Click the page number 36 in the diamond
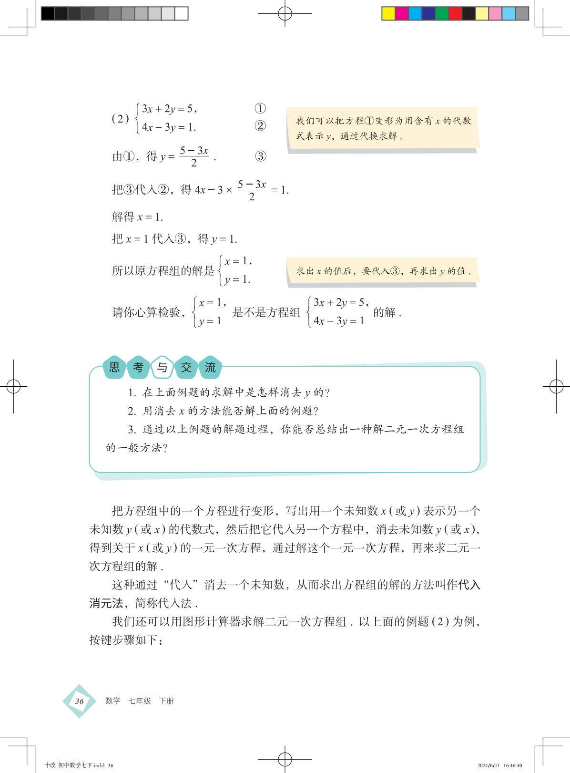79,701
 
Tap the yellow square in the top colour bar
389,13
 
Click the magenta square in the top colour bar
402,13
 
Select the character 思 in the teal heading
114,367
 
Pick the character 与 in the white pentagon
162,367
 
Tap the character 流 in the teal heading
210,367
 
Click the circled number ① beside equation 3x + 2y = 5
260,109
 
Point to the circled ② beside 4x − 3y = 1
260,126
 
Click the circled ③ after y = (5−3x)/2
260,156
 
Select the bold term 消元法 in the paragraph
106,603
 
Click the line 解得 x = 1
137,217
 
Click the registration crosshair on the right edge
556,386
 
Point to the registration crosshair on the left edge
14,386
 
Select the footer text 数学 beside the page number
113,701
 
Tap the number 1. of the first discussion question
132,393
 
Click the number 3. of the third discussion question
132,430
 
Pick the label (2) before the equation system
120,118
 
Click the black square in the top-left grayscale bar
48,13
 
